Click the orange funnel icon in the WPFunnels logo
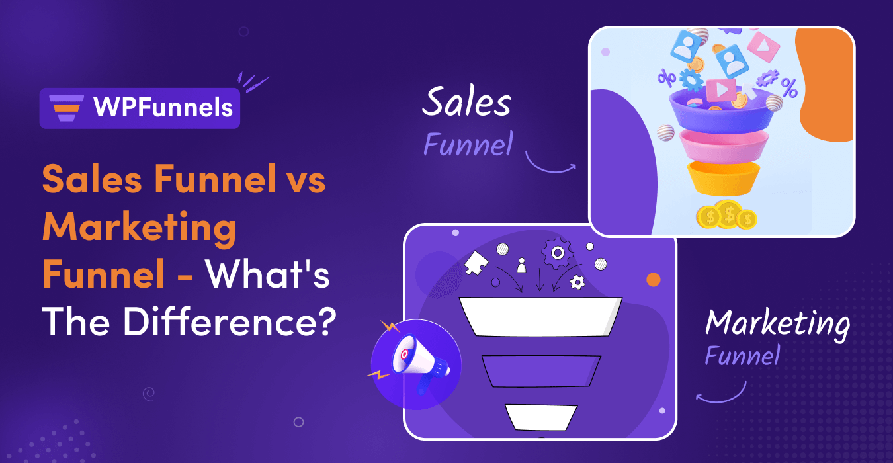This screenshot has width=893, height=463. (x=66, y=108)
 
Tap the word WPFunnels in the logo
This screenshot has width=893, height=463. (x=163, y=108)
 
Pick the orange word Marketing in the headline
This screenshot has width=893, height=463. (x=140, y=228)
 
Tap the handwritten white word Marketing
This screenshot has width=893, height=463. (x=777, y=324)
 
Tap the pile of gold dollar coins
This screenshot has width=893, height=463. (x=727, y=216)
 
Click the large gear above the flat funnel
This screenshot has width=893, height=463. (x=557, y=253)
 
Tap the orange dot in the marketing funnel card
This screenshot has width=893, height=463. (x=653, y=280)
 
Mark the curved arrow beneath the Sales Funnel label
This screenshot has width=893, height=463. (x=550, y=165)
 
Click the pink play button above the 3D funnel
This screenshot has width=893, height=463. (x=720, y=89)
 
